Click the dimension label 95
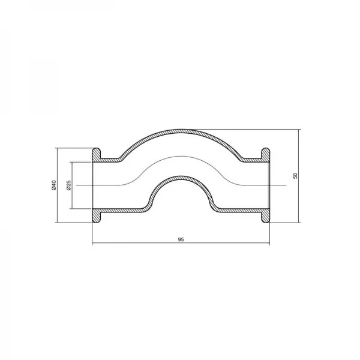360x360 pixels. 181,239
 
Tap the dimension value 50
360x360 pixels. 295,176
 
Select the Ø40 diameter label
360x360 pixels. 54,185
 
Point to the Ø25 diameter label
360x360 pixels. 69,185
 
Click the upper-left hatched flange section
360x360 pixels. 97,155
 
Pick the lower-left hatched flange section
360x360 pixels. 97,215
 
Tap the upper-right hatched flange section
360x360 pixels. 265,155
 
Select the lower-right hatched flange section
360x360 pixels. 265,215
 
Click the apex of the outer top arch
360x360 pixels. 181,130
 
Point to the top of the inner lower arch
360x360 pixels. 181,177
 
